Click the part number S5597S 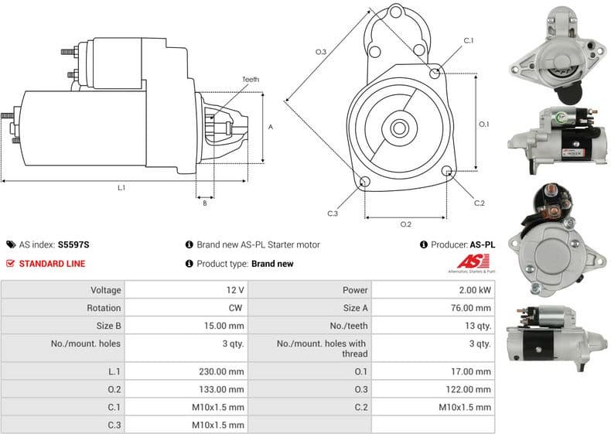(x=73, y=244)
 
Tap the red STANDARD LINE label (x=52, y=264)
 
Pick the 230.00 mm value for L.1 (x=222, y=371)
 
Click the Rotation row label (x=106, y=308)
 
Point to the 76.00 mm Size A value (x=471, y=308)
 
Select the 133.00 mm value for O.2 (x=222, y=389)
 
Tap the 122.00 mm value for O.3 (x=469, y=389)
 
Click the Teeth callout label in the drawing (x=251, y=80)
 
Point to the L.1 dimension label (x=121, y=187)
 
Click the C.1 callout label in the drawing (x=469, y=40)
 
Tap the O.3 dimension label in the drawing (x=320, y=52)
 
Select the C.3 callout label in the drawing (x=333, y=214)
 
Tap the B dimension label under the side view (x=204, y=203)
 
